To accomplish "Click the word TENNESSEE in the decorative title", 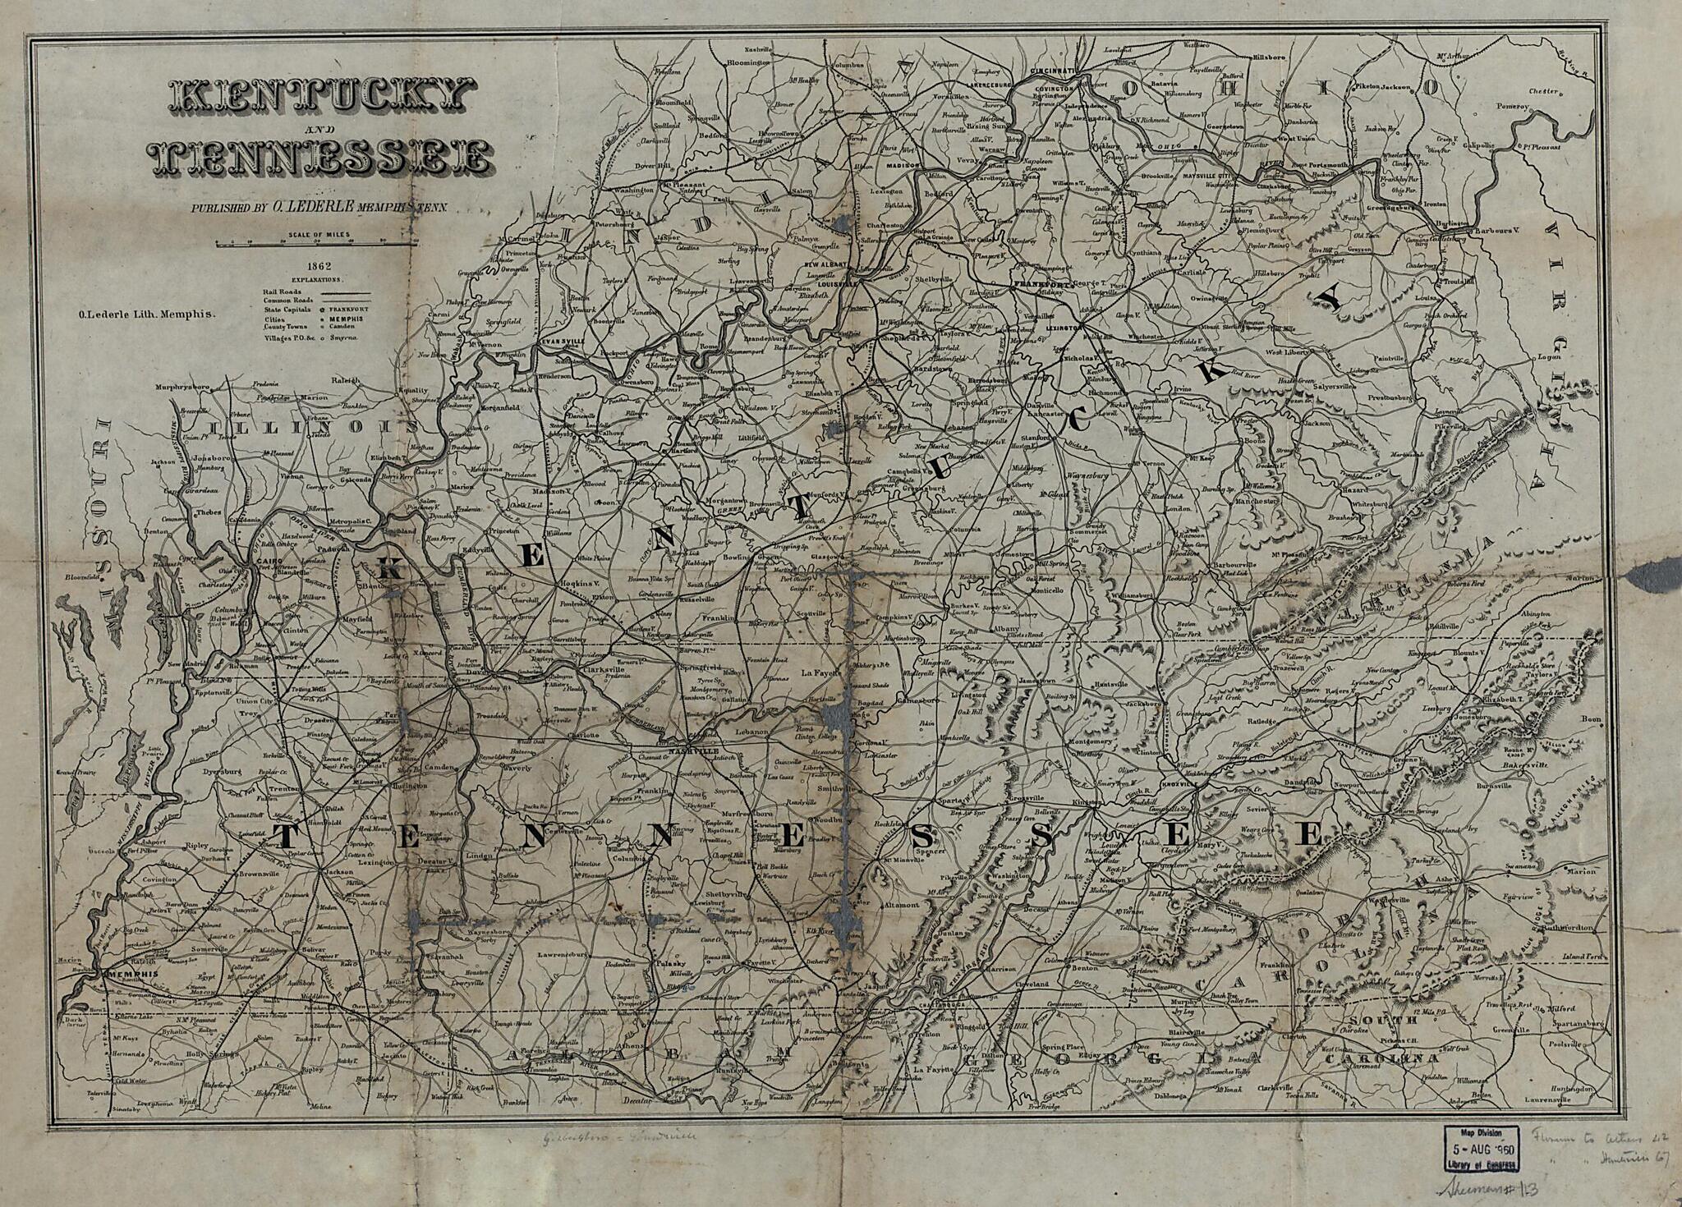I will (323, 156).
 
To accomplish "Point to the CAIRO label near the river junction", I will (264, 560).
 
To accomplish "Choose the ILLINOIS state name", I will (314, 427).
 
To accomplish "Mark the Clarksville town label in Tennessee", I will (605, 669).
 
